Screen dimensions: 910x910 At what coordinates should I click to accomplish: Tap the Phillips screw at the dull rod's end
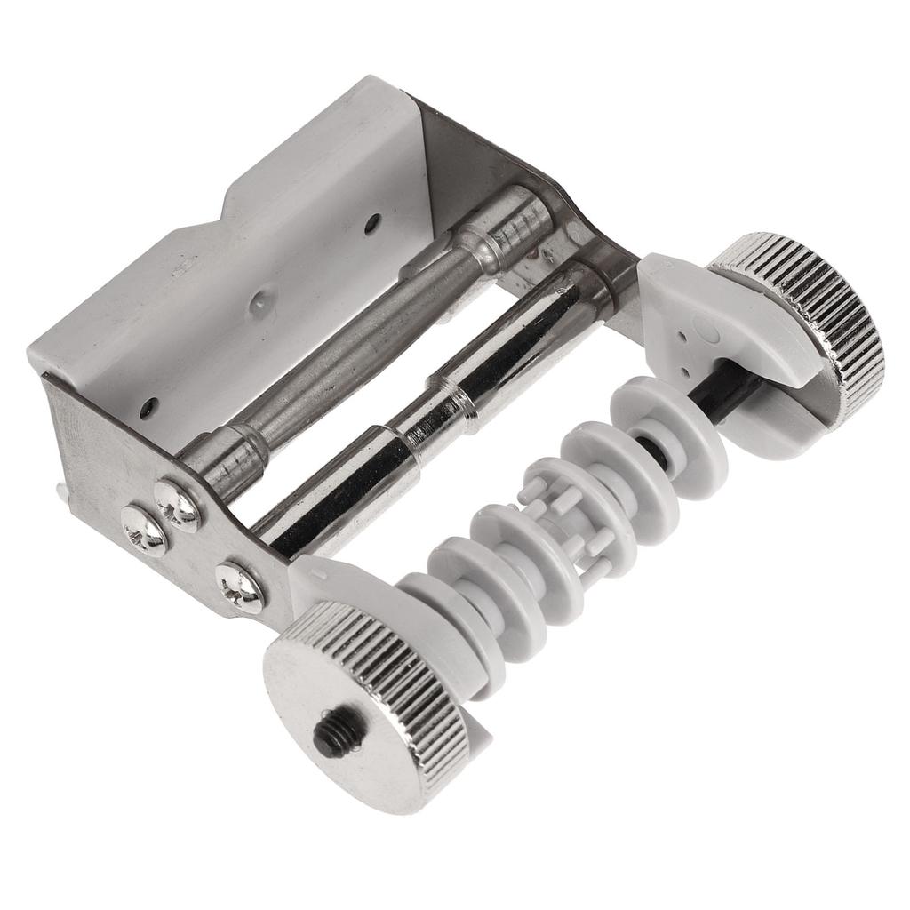click(x=179, y=504)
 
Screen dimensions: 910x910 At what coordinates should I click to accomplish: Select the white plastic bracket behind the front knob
click(x=355, y=587)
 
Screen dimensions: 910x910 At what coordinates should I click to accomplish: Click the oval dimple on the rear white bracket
click(x=706, y=331)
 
